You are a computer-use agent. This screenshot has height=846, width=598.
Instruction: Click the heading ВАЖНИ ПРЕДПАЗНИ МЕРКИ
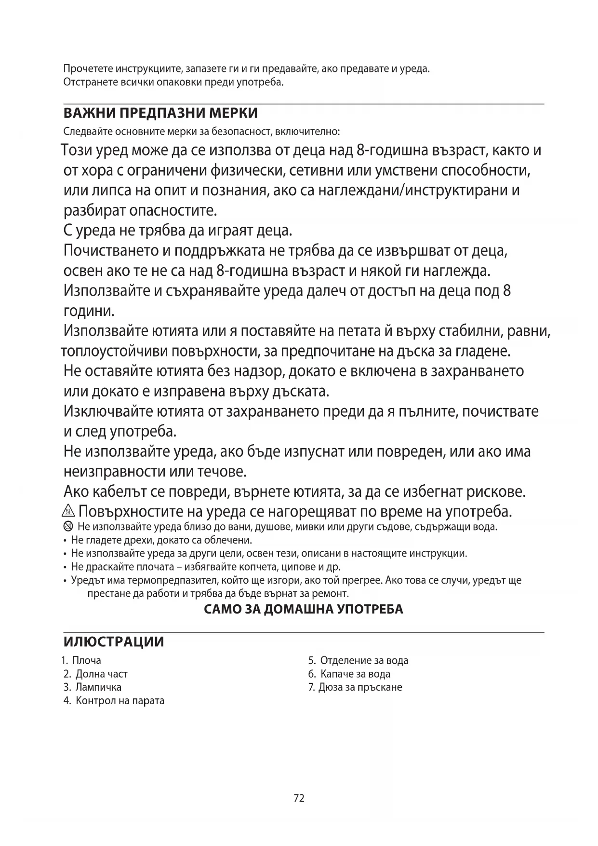pyautogui.click(x=160, y=113)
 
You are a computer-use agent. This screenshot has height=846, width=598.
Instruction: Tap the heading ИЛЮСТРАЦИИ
pyautogui.click(x=114, y=642)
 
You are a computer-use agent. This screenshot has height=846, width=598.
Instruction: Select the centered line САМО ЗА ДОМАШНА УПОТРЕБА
pyautogui.click(x=304, y=609)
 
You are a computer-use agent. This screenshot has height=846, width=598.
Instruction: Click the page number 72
pyautogui.click(x=299, y=799)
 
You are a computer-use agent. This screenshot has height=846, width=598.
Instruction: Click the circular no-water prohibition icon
pyautogui.click(x=68, y=526)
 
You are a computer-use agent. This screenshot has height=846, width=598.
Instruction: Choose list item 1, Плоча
pyautogui.click(x=82, y=660)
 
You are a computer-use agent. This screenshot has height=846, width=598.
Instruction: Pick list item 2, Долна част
pyautogui.click(x=96, y=674)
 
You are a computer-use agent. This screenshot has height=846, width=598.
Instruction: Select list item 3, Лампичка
pyautogui.click(x=93, y=687)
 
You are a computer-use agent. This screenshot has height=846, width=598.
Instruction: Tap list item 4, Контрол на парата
pyautogui.click(x=114, y=700)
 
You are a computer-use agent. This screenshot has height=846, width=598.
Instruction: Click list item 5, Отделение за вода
pyautogui.click(x=359, y=660)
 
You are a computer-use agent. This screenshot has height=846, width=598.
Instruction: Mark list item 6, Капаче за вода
pyautogui.click(x=349, y=674)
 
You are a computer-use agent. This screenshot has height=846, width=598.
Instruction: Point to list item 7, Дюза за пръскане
pyautogui.click(x=355, y=687)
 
